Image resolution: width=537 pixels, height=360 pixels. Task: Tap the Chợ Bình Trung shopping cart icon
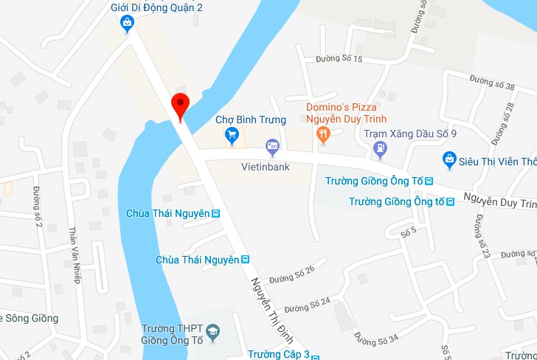232,134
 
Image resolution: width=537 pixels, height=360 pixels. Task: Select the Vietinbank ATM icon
273,146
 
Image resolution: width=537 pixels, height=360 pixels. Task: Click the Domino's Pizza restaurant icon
322,134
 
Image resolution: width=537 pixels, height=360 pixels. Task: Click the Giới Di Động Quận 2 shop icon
128,24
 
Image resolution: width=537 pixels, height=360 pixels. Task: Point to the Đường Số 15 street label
339,58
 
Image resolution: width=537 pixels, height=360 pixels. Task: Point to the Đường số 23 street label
482,235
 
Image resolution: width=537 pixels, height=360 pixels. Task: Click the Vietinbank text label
266,167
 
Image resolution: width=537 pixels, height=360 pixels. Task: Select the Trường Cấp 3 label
279,354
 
